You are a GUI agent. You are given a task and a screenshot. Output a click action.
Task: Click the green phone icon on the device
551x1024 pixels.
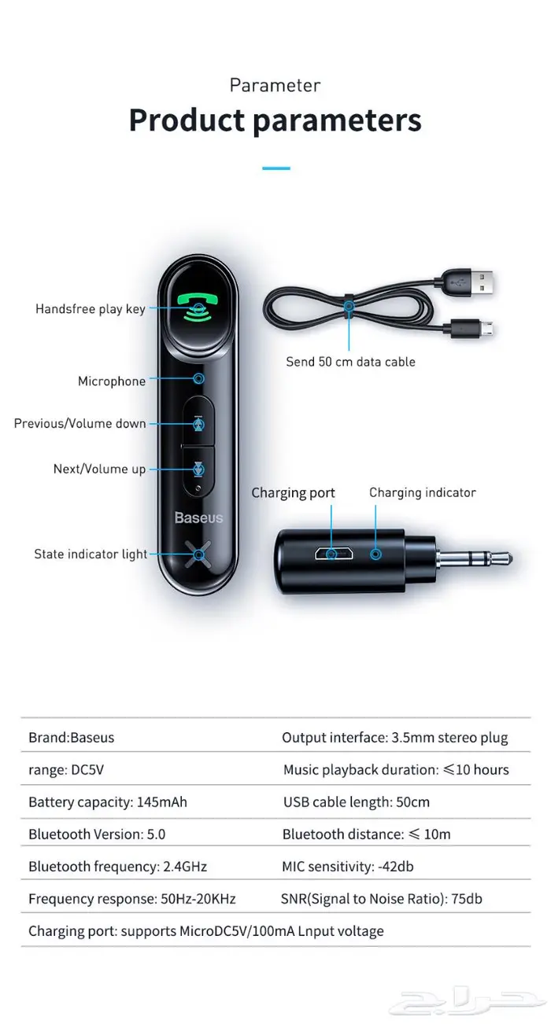[198, 307]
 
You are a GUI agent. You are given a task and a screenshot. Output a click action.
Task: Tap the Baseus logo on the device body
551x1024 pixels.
[198, 518]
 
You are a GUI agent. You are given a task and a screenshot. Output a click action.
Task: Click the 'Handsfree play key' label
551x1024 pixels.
[91, 309]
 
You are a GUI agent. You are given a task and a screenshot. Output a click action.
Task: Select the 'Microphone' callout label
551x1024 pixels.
[112, 381]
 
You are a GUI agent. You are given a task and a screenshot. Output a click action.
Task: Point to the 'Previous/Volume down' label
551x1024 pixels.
[80, 424]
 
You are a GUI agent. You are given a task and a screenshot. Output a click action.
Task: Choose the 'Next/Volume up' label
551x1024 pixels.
[100, 470]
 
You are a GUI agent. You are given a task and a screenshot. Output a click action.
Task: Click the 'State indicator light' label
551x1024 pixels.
[91, 554]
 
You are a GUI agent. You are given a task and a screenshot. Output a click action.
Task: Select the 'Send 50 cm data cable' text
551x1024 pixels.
[350, 363]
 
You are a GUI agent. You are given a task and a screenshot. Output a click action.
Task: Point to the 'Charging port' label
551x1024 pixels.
[293, 493]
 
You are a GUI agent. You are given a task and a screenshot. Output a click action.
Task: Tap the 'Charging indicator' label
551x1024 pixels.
[423, 493]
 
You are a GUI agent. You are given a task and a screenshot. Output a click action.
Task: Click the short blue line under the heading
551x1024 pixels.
[275, 168]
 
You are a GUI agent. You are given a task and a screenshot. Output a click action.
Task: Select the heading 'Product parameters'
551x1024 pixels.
[275, 121]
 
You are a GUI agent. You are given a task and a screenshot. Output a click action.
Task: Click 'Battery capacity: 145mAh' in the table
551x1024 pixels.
[108, 802]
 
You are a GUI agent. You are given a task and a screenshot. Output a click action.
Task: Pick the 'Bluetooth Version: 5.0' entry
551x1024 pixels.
[97, 834]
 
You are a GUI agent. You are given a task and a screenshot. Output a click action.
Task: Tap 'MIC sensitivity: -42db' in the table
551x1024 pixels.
[348, 867]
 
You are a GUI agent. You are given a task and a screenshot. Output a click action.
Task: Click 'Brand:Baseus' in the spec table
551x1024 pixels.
[72, 738]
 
